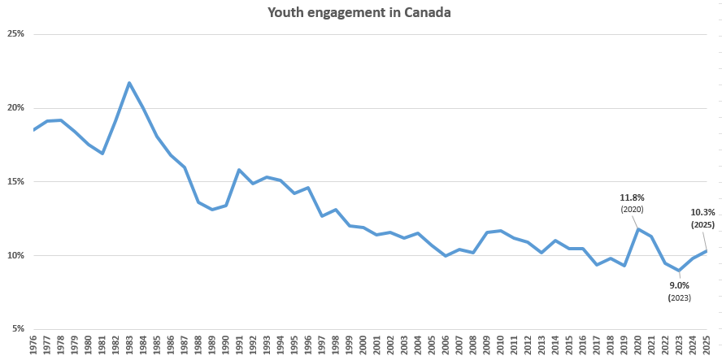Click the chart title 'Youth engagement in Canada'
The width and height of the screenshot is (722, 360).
(360, 14)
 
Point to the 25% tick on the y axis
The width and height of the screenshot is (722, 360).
(15, 34)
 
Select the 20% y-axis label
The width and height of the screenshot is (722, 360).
(15, 108)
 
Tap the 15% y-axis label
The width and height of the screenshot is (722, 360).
(15, 182)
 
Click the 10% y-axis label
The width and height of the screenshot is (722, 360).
(15, 256)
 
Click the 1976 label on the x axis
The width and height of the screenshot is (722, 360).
(34, 345)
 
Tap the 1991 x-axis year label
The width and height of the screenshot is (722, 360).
(239, 345)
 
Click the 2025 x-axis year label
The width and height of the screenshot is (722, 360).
(707, 345)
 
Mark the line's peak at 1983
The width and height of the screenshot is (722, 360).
(129, 83)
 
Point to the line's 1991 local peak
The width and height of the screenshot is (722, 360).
(239, 170)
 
